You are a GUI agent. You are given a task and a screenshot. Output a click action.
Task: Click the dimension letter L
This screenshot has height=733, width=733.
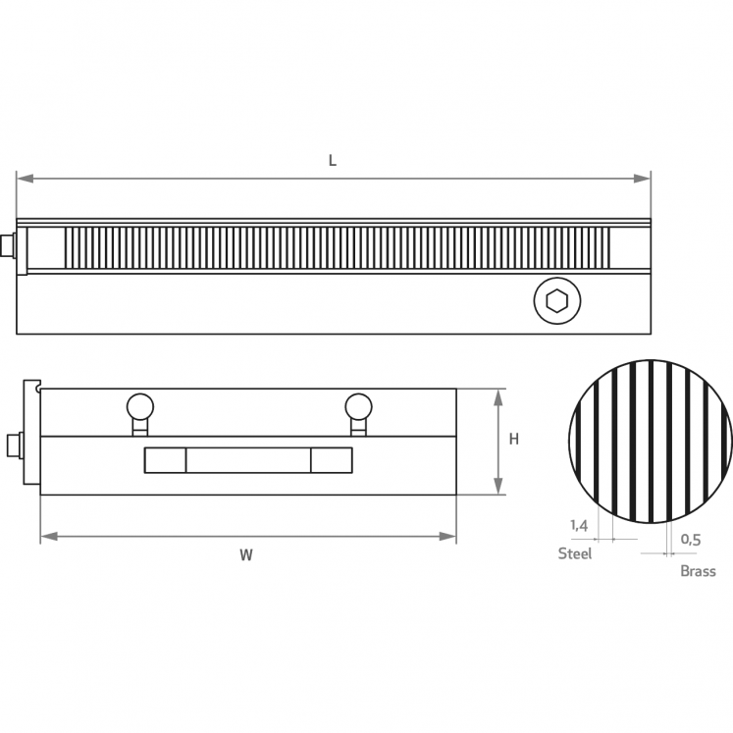[333, 161]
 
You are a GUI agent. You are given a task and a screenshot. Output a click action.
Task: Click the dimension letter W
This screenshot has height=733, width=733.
[246, 554]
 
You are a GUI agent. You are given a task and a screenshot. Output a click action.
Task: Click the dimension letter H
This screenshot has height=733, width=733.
[514, 439]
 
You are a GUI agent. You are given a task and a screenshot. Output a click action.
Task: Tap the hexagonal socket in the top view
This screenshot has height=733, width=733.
[556, 300]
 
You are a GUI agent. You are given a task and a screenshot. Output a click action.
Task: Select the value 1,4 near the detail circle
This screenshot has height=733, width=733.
[579, 525]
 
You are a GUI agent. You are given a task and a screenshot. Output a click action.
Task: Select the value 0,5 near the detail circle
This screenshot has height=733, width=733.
[691, 540]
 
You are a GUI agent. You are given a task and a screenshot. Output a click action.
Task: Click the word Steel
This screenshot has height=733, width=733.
[574, 553]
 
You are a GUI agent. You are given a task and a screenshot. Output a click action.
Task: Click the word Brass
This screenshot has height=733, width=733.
[698, 571]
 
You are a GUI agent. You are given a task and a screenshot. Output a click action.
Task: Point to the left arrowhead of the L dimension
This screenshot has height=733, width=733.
[26, 179]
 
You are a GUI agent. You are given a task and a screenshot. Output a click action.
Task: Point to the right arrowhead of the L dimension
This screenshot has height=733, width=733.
[642, 179]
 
